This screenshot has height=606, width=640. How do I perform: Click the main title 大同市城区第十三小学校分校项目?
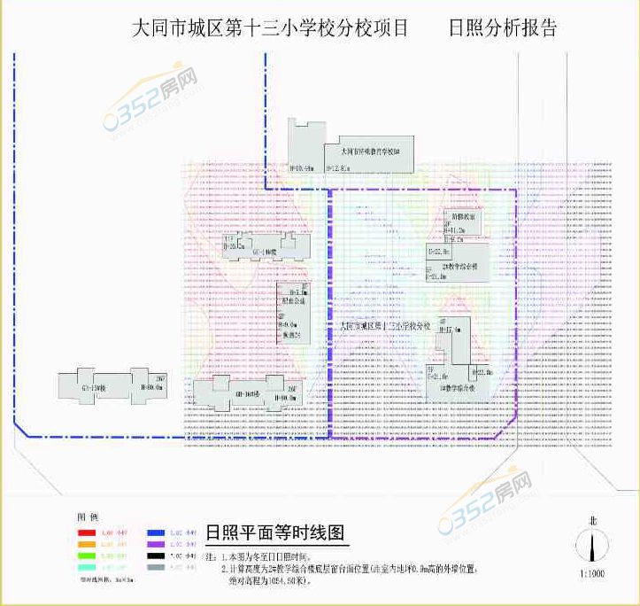point(270,28)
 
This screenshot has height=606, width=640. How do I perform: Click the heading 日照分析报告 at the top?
point(503,28)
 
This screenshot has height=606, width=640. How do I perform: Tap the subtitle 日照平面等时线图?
point(276,533)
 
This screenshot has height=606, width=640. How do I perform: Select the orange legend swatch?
point(86,543)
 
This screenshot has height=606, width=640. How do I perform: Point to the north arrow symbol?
point(591,544)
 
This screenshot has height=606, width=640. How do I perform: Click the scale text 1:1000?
point(592,574)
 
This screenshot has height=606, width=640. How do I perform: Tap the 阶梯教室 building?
point(465,216)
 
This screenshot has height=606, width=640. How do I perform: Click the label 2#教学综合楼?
point(460,265)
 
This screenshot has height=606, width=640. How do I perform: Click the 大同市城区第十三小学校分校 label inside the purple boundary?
point(386,326)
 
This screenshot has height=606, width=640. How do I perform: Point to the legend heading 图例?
point(87,517)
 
